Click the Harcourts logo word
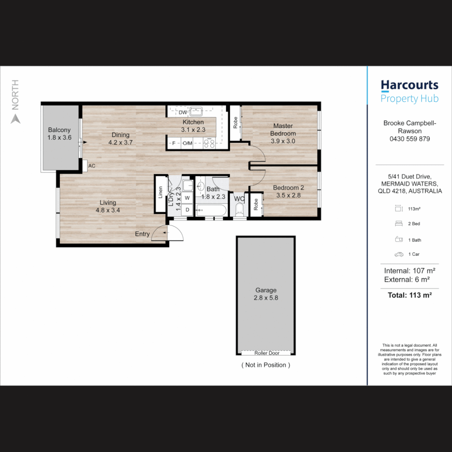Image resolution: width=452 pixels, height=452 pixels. [x=409, y=85]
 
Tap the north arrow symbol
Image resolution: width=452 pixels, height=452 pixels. [x=15, y=119]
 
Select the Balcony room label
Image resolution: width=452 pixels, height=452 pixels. [x=59, y=130]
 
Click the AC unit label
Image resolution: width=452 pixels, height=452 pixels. [x=92, y=166]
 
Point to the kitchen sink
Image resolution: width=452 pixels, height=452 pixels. [x=196, y=111]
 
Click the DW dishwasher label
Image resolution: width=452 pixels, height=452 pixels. [x=183, y=113]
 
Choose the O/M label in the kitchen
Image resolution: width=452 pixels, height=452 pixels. [x=187, y=143]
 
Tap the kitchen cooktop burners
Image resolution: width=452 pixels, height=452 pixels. [x=209, y=143]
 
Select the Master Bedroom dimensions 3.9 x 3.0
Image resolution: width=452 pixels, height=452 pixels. [x=283, y=141]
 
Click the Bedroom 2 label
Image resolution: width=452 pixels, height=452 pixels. [x=288, y=187]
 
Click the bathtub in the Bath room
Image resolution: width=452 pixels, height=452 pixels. [x=211, y=210]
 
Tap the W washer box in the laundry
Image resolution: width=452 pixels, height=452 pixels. [x=187, y=198]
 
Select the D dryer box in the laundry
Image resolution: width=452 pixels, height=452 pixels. [x=187, y=210]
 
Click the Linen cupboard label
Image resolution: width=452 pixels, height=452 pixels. [x=161, y=192]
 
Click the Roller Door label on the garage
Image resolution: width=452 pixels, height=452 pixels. [x=267, y=353]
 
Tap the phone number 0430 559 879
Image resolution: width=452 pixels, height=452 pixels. [x=410, y=139]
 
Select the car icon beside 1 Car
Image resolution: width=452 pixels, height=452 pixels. [x=399, y=254]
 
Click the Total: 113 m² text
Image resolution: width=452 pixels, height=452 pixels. [x=410, y=295]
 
